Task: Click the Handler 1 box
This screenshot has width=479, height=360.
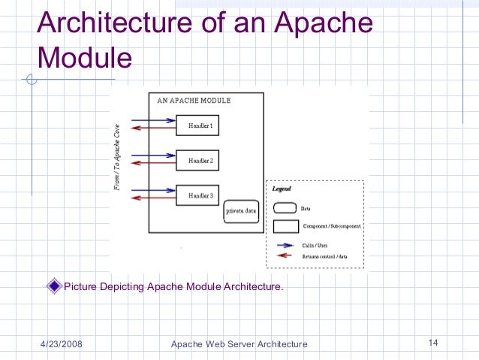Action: click(197, 126)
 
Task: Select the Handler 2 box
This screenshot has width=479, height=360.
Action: click(197, 160)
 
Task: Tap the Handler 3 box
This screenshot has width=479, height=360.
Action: click(197, 195)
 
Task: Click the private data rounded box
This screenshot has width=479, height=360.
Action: click(241, 211)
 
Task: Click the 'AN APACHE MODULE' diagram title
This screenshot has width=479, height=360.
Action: click(194, 100)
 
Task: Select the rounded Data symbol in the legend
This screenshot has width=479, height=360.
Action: click(284, 208)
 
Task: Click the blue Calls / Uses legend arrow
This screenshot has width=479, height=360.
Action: click(283, 245)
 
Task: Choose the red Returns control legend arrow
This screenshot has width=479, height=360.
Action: click(283, 256)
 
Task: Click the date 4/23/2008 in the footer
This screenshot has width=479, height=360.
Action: click(61, 344)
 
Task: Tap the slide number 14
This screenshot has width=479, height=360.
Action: click(432, 343)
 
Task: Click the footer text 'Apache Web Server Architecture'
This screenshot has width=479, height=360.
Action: click(239, 344)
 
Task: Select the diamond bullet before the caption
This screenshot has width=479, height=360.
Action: click(53, 286)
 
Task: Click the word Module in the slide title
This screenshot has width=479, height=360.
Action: click(84, 57)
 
